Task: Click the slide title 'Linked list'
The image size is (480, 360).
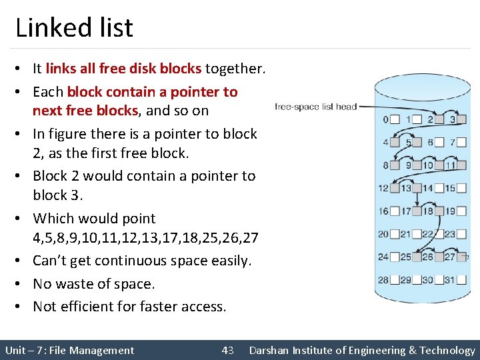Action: point(74,27)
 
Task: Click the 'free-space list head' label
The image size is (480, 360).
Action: point(316,107)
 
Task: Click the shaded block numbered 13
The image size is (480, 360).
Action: point(417,189)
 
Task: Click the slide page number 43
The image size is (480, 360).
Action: point(228,350)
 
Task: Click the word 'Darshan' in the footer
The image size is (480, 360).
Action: point(271,350)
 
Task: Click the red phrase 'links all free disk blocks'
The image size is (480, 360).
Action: point(123,68)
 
